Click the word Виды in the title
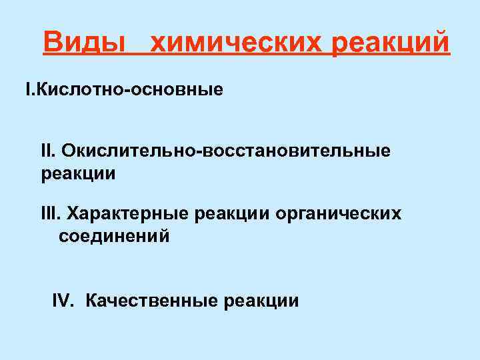point(85,44)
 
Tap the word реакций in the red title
point(390,44)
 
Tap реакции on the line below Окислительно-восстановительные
point(78,174)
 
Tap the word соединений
point(114,237)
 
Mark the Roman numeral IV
point(64,301)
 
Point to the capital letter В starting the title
point(51,44)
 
